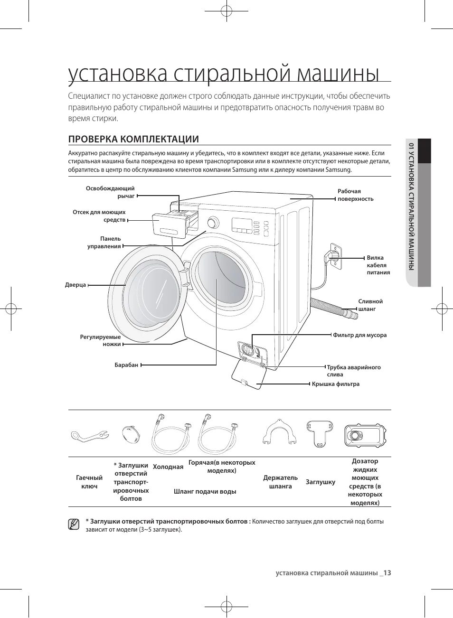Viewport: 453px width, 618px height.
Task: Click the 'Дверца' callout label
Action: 75,285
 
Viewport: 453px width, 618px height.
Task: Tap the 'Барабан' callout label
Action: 126,365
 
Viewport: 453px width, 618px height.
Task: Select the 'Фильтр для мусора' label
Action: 359,335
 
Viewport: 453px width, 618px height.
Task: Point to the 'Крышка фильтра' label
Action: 335,384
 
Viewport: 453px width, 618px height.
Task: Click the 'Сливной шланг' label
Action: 370,305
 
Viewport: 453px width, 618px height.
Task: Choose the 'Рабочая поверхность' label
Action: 355,195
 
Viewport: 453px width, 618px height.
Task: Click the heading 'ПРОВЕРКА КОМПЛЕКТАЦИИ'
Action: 133,139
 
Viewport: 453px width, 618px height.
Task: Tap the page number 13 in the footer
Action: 387,573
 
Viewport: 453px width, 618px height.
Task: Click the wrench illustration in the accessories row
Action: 89,435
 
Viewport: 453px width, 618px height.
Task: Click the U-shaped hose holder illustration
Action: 280,432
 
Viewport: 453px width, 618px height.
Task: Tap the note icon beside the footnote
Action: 74,524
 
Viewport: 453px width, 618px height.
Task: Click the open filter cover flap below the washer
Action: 246,374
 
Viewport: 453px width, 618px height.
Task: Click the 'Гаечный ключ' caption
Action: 89,482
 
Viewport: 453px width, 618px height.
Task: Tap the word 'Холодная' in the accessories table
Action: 168,467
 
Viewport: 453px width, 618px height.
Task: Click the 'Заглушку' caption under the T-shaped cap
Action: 321,482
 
